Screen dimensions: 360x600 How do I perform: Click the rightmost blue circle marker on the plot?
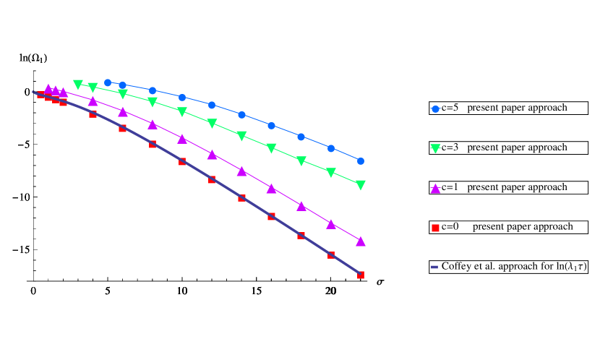pyautogui.click(x=361, y=161)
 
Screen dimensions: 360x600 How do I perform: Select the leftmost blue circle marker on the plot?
pyautogui.click(x=108, y=82)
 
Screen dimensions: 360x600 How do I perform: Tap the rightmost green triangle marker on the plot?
pyautogui.click(x=361, y=185)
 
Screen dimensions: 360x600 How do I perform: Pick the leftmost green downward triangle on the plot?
pyautogui.click(x=78, y=85)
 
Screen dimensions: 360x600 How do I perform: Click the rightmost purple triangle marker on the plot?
pyautogui.click(x=361, y=241)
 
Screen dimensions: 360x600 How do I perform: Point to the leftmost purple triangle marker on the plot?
pyautogui.click(x=48, y=88)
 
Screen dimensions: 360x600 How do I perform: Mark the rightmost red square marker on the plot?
pyautogui.click(x=361, y=275)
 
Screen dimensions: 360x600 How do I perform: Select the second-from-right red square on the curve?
pyautogui.click(x=331, y=254)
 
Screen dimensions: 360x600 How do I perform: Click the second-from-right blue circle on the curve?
pyautogui.click(x=331, y=148)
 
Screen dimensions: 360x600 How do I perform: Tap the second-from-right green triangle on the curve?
pyautogui.click(x=331, y=173)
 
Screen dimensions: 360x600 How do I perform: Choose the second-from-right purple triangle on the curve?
pyautogui.click(x=331, y=224)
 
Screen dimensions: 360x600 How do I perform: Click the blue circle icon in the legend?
pyautogui.click(x=435, y=108)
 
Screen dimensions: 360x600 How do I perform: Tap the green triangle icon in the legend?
pyautogui.click(x=435, y=148)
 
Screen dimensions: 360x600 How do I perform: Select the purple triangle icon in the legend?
pyautogui.click(x=435, y=188)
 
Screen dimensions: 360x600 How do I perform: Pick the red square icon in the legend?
pyautogui.click(x=435, y=228)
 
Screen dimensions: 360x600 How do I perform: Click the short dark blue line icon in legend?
pyautogui.click(x=434, y=267)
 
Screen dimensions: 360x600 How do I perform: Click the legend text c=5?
pyautogui.click(x=450, y=108)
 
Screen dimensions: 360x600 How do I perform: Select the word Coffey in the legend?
pyautogui.click(x=456, y=267)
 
